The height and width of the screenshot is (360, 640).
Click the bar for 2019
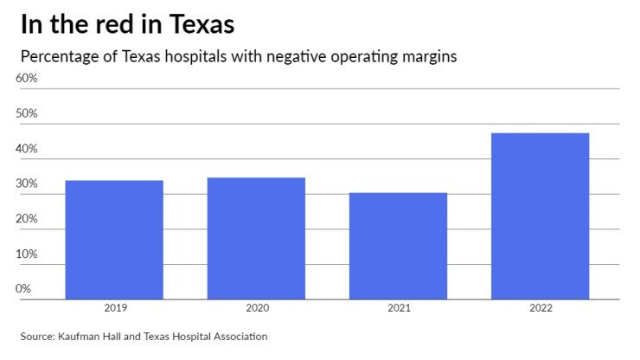tap(114, 240)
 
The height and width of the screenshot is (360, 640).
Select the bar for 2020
tap(256, 238)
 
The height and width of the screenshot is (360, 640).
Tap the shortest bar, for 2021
tap(398, 246)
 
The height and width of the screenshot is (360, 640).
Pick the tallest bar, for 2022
tap(540, 215)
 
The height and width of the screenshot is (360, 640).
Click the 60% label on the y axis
tap(27, 79)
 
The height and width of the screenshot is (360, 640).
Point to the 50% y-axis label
tap(27, 114)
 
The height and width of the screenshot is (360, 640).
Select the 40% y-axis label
tap(27, 149)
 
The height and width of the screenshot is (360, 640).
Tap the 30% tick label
tap(27, 184)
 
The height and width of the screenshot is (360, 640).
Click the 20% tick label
tap(27, 219)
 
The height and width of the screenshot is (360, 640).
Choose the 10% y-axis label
tap(27, 254)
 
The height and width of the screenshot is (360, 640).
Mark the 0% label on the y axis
tap(23, 289)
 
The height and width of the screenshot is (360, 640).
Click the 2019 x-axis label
tap(114, 308)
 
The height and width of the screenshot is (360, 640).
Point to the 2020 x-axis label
tap(256, 308)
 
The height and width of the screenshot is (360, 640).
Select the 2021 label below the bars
tap(398, 308)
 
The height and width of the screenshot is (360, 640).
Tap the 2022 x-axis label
tap(540, 308)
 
